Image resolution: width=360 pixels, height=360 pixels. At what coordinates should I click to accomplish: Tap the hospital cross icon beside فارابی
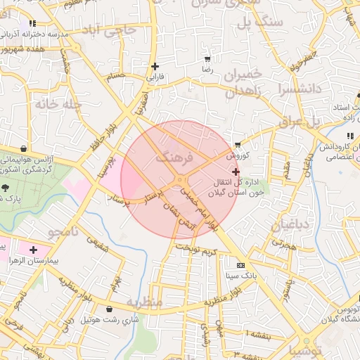click(x=155, y=67)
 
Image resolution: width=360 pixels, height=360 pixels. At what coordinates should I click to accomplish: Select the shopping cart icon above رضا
click(x=207, y=59)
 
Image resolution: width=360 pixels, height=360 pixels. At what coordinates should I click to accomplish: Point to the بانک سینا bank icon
click(x=241, y=265)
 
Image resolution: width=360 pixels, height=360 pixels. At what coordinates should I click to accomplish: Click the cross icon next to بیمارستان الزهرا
click(x=33, y=250)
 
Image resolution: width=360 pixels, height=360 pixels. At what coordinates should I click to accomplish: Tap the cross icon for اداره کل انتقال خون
click(x=235, y=171)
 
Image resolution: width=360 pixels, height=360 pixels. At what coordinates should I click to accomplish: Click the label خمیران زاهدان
click(x=244, y=83)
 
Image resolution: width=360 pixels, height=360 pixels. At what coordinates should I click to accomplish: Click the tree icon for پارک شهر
click(x=6, y=188)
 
